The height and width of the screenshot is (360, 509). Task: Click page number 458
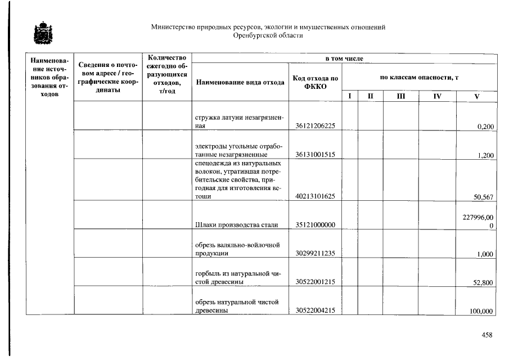tap(487, 335)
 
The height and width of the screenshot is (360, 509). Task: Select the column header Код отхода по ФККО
tap(315, 82)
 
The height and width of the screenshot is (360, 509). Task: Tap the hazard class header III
tap(400, 97)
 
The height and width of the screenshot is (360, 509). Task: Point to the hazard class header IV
tap(437, 97)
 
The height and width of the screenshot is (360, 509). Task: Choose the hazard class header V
tap(476, 97)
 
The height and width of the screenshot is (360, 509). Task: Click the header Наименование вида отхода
tap(240, 82)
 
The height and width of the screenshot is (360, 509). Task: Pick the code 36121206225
tap(315, 126)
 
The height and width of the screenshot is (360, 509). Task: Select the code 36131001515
tap(315, 155)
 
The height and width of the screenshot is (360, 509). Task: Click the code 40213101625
tap(315, 196)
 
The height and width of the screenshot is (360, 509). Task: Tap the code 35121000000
tap(315, 225)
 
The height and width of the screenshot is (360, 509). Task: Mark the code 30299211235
tap(315, 254)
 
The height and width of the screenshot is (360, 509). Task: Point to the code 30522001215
tap(315, 282)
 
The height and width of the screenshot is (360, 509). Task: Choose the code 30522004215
tap(315, 311)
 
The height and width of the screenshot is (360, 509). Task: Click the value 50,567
tap(484, 197)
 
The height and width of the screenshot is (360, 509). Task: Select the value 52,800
tap(484, 283)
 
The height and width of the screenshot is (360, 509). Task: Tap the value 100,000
tap(481, 312)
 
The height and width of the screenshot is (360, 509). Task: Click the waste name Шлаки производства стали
tap(236, 225)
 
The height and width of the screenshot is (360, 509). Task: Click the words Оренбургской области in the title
tap(268, 35)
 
